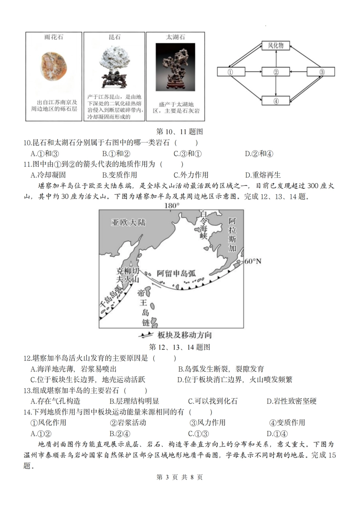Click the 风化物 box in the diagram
pyautogui.click(x=275, y=45)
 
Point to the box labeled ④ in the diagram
pyautogui.click(x=275, y=101)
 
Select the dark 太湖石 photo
pyautogui.click(x=175, y=67)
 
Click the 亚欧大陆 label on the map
pyautogui.click(x=129, y=222)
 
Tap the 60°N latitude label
pyautogui.click(x=252, y=261)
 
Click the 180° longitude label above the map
pyautogui.click(x=171, y=206)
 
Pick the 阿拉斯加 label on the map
pyautogui.click(x=232, y=235)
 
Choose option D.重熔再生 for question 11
pyautogui.click(x=263, y=175)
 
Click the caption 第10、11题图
pyautogui.click(x=180, y=132)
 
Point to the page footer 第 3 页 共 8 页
pyautogui.click(x=180, y=477)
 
